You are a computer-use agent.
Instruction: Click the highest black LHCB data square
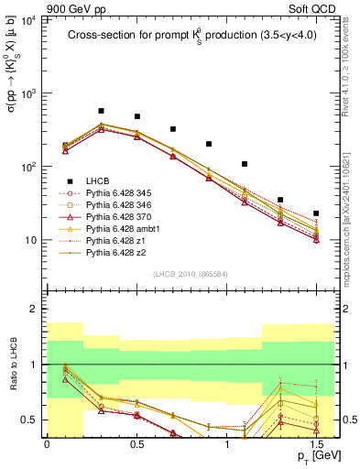[101, 111]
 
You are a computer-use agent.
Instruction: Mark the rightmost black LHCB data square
[316, 213]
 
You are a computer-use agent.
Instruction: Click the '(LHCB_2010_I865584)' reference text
[190, 275]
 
